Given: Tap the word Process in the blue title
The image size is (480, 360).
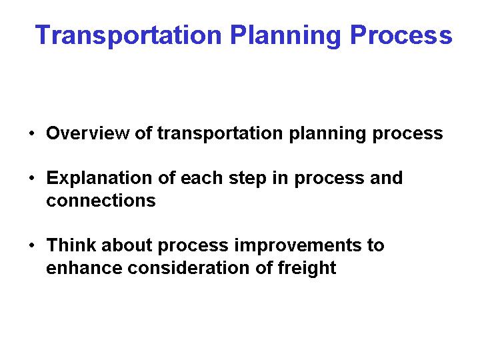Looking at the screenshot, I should click(x=401, y=35).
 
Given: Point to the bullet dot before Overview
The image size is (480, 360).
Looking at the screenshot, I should click(x=32, y=134).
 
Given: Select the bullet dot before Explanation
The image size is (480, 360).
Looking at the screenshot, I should click(x=32, y=179).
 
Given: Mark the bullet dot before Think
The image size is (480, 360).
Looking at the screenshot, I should click(x=32, y=246).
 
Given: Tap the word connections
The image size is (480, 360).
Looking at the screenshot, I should click(x=101, y=201).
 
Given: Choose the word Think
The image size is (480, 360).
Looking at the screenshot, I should click(x=69, y=245).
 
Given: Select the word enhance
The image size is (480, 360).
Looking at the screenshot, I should click(x=78, y=268).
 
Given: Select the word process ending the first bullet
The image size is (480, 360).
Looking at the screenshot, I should click(x=407, y=134).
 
